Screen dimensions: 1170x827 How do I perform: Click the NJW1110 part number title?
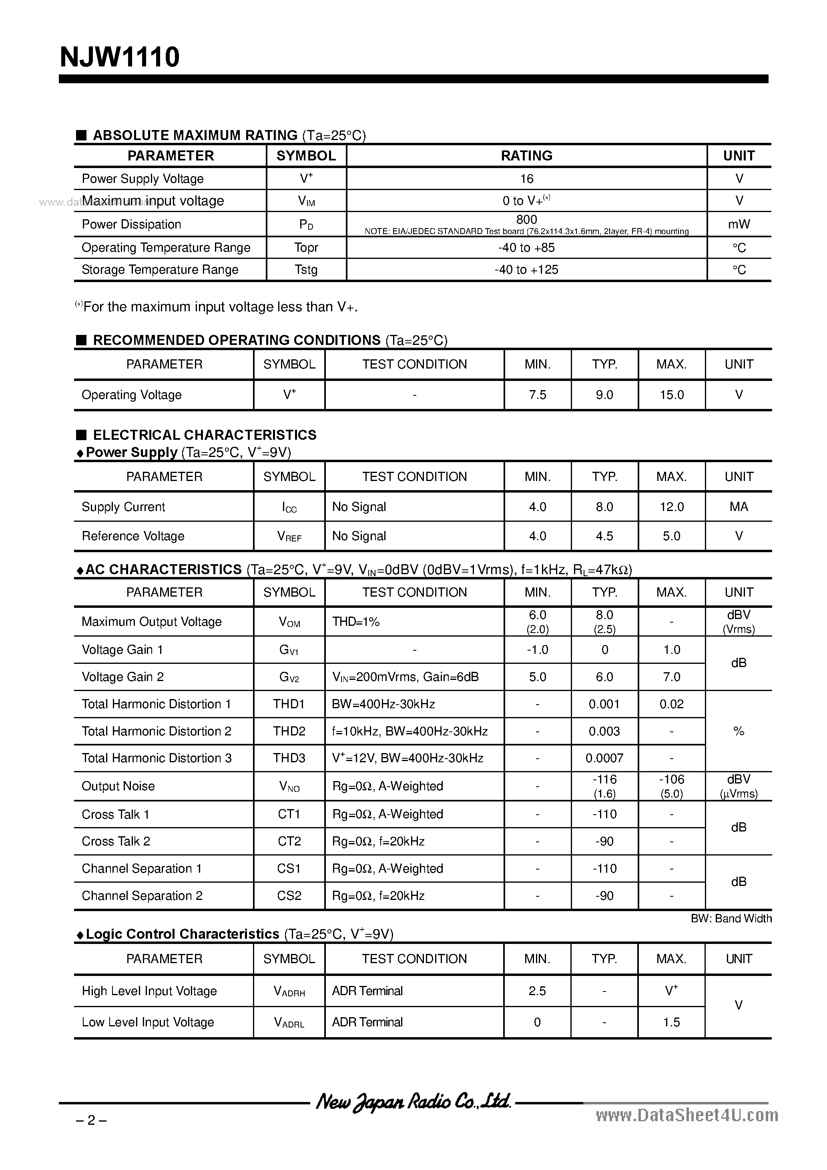[x=120, y=57]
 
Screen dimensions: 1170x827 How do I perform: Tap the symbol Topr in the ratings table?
[x=306, y=248]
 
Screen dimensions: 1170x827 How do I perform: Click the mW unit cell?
[x=739, y=224]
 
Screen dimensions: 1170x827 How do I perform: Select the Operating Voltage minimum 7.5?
[x=538, y=395]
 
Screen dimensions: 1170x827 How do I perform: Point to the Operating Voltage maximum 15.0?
[x=672, y=395]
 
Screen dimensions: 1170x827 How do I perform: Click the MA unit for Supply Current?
[x=739, y=507]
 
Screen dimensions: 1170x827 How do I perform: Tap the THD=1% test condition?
[x=356, y=622]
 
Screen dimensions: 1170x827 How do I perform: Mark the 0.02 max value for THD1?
[x=672, y=704]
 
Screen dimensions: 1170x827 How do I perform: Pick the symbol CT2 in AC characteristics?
[x=289, y=841]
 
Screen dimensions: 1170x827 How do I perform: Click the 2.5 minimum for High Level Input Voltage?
[x=538, y=991]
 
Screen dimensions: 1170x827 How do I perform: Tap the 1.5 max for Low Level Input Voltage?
[x=672, y=1022]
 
